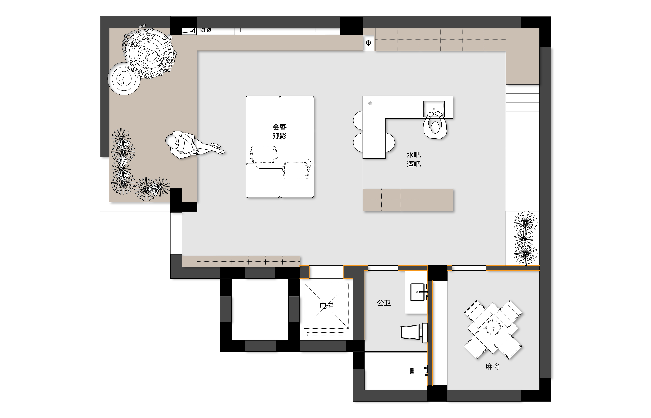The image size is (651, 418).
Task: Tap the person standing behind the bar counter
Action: [435, 125]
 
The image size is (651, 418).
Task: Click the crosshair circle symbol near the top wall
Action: [368, 43]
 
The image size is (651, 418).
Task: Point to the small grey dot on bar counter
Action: [370, 103]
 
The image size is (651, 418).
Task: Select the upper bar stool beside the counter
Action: [358, 120]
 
